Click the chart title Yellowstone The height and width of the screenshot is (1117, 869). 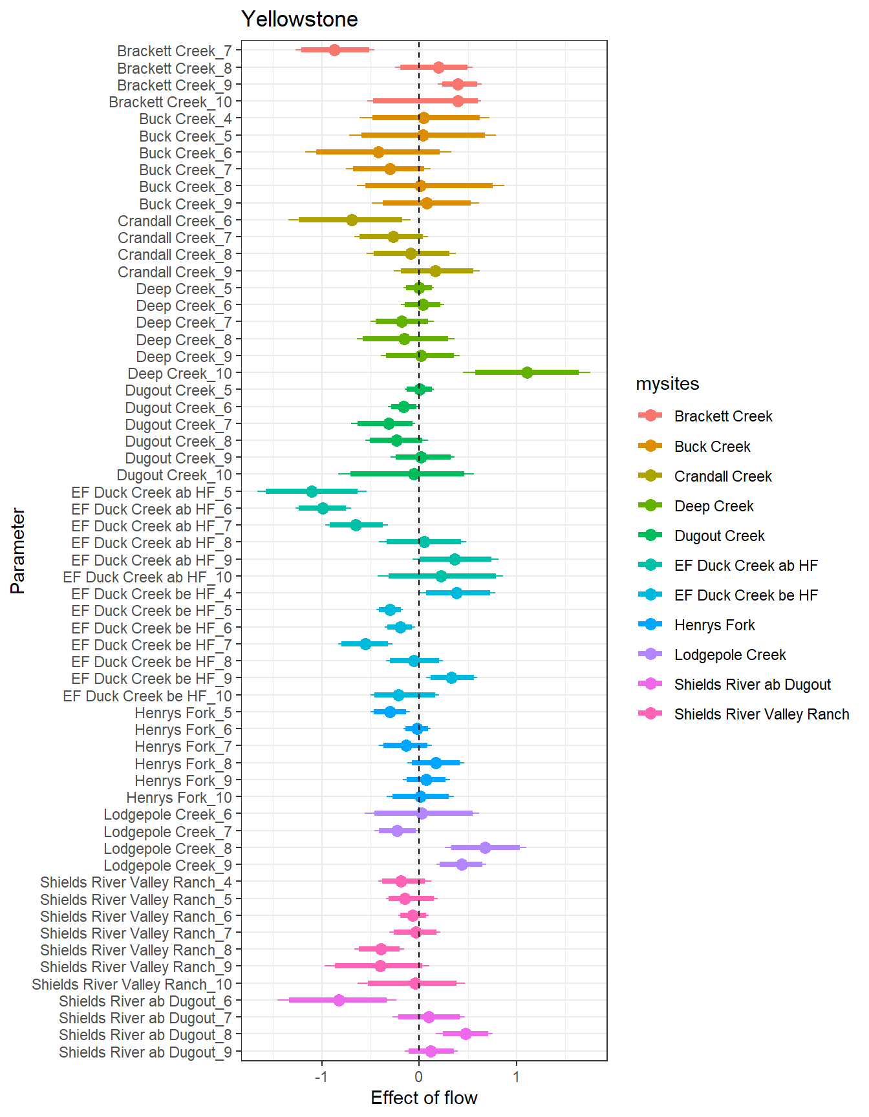tap(299, 19)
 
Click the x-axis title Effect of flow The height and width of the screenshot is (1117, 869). tap(424, 1098)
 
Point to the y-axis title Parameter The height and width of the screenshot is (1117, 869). tap(18, 551)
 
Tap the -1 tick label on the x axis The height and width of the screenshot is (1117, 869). tap(321, 1076)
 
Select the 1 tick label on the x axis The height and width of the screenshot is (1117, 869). tap(516, 1076)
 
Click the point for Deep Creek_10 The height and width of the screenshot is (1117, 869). tap(527, 372)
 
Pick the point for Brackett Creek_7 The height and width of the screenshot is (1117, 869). tap(334, 50)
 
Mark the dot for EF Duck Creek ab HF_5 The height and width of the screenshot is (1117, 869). tap(312, 491)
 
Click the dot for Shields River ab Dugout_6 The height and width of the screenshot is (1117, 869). tap(339, 1000)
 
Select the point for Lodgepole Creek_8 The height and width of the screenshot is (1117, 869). tap(485, 847)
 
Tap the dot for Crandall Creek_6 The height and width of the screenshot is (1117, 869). tap(352, 220)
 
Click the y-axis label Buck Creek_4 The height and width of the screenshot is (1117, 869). tap(185, 119)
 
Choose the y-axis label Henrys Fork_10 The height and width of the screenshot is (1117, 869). tap(178, 798)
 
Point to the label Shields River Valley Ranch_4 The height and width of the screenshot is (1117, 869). tap(136, 882)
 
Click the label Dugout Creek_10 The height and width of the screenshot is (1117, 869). tap(174, 475)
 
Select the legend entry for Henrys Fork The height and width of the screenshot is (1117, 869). tap(714, 625)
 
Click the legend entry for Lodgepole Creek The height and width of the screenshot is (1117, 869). tap(730, 655)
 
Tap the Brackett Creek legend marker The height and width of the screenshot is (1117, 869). tap(650, 416)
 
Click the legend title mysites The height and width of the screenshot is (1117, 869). tap(667, 384)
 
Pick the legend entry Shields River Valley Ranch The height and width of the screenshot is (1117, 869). tap(762, 714)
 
